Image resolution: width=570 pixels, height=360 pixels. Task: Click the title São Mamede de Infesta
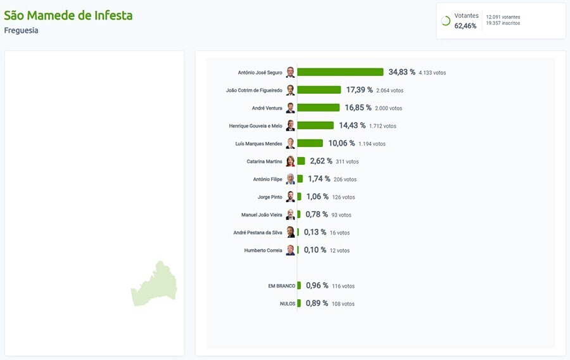68,15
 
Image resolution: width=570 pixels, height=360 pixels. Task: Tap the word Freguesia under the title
21,30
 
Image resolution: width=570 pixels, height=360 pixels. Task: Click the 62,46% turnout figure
465,26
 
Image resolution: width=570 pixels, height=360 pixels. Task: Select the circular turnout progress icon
445,21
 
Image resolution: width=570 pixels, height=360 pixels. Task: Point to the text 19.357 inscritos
503,23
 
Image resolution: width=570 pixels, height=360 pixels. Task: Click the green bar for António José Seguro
340,72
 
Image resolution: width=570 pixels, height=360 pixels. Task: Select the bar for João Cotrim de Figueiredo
319,90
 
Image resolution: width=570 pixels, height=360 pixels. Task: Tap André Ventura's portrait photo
290,108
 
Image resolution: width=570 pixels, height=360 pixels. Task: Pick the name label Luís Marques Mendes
258,144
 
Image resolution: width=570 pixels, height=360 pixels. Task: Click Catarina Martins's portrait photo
290,161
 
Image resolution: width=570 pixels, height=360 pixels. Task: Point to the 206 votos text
345,179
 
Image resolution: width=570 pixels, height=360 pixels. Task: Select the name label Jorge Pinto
270,197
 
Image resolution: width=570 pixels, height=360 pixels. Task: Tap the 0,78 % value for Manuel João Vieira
317,215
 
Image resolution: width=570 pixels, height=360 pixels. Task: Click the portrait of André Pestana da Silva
290,233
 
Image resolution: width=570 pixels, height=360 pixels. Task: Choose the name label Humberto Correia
263,250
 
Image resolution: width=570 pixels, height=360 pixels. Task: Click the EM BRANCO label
281,286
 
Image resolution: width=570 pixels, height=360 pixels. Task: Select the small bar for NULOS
299,304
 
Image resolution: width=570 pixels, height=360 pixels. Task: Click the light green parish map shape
155,285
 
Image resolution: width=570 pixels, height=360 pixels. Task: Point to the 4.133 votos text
432,73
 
